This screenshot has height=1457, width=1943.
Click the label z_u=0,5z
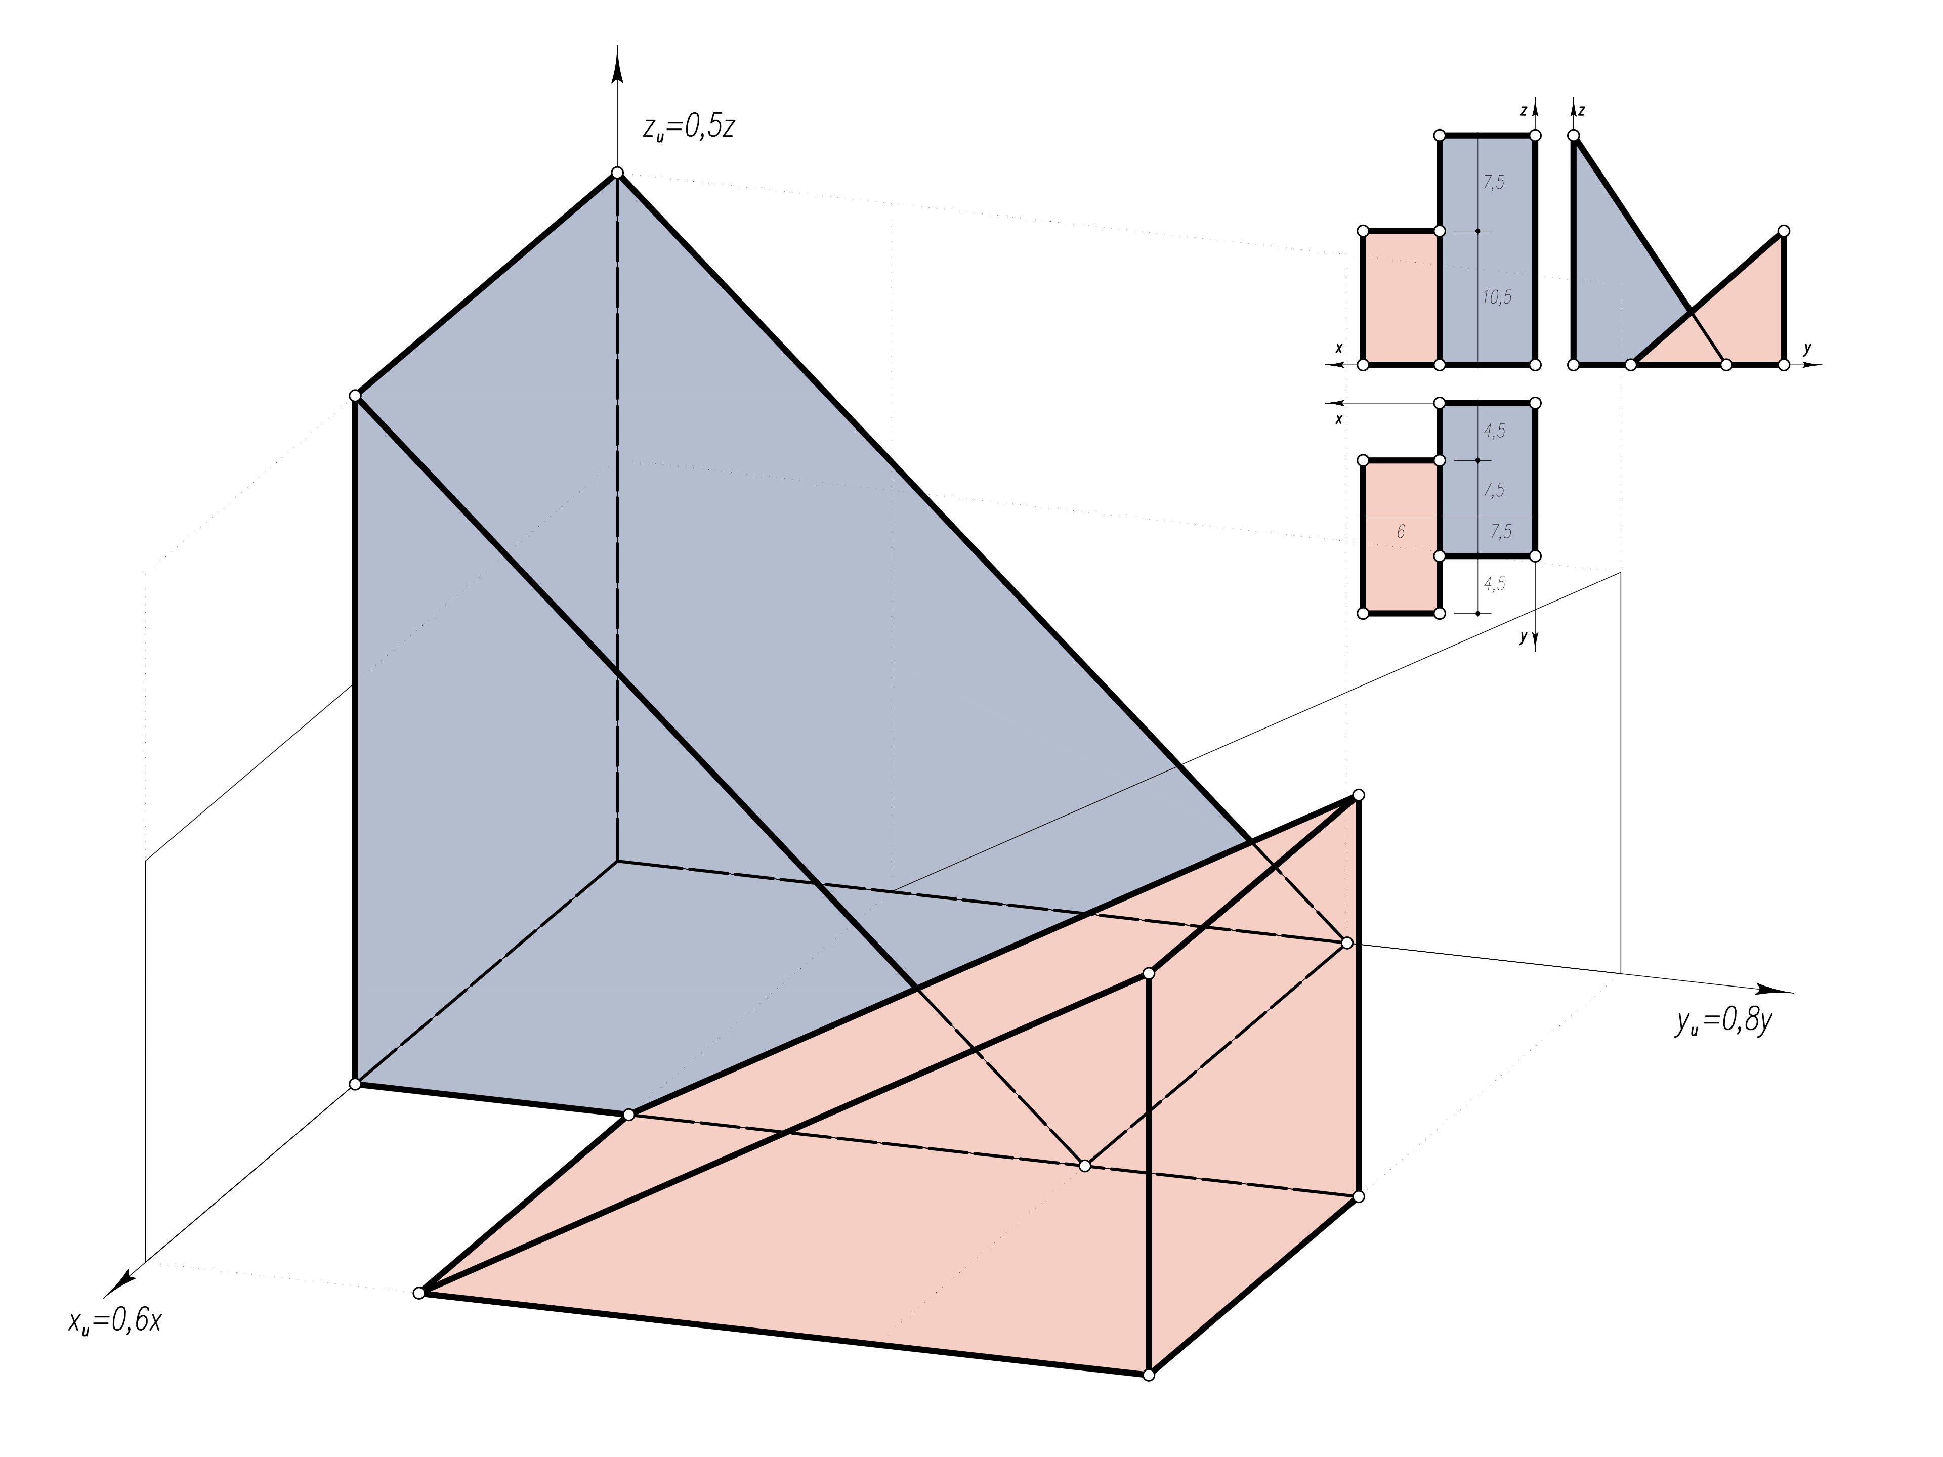pyautogui.click(x=688, y=128)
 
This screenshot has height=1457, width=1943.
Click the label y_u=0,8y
pyautogui.click(x=1722, y=1021)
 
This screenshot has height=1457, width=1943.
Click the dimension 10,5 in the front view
pyautogui.click(x=1497, y=297)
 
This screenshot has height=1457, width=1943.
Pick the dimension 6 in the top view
pyautogui.click(x=1400, y=531)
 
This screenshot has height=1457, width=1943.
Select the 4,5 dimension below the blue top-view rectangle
pyautogui.click(x=1494, y=584)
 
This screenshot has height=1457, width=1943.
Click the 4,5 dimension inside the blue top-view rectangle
pyautogui.click(x=1494, y=431)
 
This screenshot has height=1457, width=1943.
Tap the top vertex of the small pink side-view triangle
pyautogui.click(x=1783, y=231)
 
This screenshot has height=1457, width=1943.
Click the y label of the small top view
pyautogui.click(x=1523, y=638)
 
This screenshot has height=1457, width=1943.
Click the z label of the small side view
pyautogui.click(x=1581, y=111)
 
